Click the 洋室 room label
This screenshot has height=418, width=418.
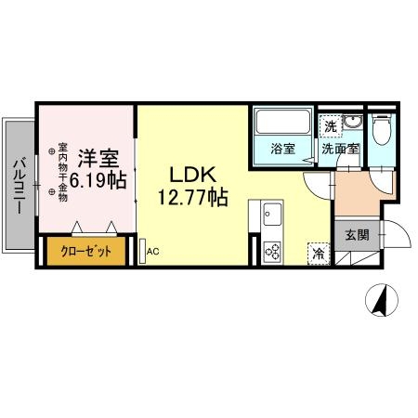tap(98, 158)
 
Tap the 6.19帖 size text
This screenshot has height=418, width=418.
tap(98, 180)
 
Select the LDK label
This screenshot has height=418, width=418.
tap(192, 175)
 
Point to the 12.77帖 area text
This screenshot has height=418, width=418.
tap(193, 197)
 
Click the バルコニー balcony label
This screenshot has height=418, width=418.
tap(19, 186)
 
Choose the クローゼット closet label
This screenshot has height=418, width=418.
tap(86, 251)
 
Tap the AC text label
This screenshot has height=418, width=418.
tap(153, 252)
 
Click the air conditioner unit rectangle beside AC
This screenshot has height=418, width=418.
tap(142, 251)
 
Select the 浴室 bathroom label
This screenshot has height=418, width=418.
tap(283, 149)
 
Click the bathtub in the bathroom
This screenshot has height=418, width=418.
tap(283, 122)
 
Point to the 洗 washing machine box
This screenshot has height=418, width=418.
tap(331, 126)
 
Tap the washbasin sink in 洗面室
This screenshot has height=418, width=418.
tap(353, 122)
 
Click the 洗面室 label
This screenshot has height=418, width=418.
tap(340, 150)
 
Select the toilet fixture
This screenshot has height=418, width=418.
tap(382, 129)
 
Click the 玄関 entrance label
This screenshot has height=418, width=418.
tap(358, 235)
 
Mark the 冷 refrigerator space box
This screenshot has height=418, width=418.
tap(319, 254)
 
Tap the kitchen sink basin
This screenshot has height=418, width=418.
tap(272, 215)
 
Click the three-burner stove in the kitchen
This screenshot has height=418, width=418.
tap(272, 251)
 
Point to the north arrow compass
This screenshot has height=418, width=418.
tap(382, 300)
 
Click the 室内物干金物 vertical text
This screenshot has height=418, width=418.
tap(63, 172)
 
